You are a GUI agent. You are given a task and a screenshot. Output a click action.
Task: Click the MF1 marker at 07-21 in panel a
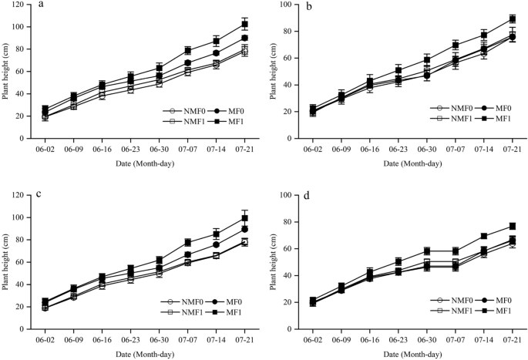(x=244, y=24)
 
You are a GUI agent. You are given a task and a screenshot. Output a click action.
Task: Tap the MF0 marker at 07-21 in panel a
(x=244, y=38)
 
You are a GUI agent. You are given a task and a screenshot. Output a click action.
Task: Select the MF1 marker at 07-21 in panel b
(x=512, y=19)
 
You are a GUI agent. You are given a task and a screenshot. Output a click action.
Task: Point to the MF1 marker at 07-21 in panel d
(x=512, y=226)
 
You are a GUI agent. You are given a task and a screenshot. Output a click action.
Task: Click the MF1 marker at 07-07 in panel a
(x=187, y=50)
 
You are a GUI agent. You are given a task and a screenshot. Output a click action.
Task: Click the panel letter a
(x=39, y=5)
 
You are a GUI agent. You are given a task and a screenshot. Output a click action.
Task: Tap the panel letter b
(x=308, y=6)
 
